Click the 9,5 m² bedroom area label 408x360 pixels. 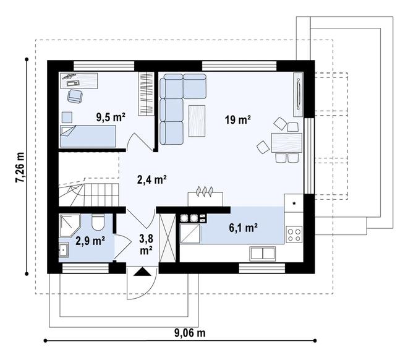click(111, 117)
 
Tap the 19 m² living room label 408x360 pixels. click(238, 120)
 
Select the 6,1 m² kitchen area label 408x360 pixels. click(244, 228)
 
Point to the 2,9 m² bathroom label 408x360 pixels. click(90, 241)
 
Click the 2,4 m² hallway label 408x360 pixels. click(151, 179)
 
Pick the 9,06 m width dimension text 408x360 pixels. click(190, 333)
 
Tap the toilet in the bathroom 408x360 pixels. click(98, 222)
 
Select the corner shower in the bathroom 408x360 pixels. click(70, 225)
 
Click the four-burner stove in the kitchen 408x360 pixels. click(294, 234)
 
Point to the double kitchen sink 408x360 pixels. click(263, 254)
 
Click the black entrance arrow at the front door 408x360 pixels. click(142, 272)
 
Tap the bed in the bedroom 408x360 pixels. click(88, 136)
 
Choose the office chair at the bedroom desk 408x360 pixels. click(75, 96)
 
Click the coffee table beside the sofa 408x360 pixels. click(197, 121)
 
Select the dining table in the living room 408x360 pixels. click(286, 143)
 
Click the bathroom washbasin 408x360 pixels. click(64, 250)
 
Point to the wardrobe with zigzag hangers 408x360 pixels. click(147, 93)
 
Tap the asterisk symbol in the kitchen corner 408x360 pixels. click(294, 204)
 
